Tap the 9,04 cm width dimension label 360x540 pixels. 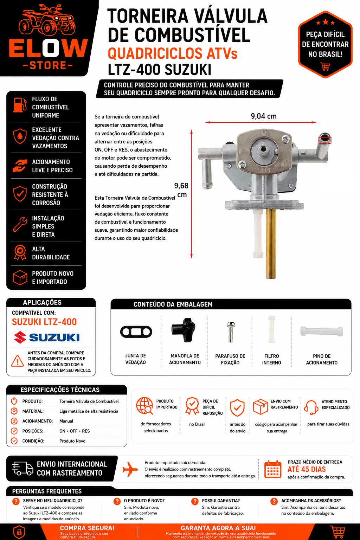[264, 116]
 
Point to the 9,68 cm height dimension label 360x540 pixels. [181, 190]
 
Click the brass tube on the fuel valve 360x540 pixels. [271, 244]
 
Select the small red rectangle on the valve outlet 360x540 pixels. [325, 140]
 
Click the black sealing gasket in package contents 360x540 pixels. [136, 332]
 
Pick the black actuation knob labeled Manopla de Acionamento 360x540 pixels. [183, 329]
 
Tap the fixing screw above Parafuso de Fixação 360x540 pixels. [231, 332]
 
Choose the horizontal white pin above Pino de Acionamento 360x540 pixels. [321, 332]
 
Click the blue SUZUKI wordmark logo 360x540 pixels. [54, 337]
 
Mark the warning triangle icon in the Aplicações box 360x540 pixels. [17, 361]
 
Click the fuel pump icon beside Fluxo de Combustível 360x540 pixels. [20, 105]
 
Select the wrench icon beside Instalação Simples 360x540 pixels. [20, 224]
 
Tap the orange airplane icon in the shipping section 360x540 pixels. [130, 469]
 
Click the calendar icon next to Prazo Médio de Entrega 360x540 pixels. [273, 469]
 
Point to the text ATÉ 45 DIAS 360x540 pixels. [307, 469]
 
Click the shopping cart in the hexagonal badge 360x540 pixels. [325, 66]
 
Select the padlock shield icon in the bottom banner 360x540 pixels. [19, 532]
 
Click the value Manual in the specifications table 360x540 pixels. [66, 421]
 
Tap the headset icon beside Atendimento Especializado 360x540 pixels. [311, 407]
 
